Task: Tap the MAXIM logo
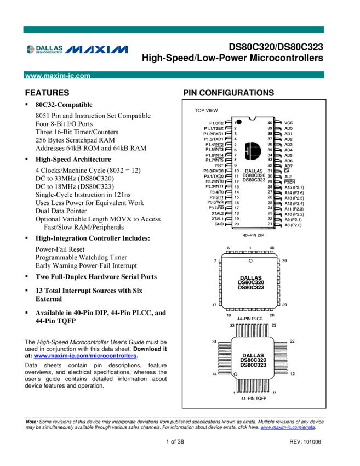click(97, 49)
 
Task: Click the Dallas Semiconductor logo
click(45, 49)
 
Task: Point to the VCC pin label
click(289, 123)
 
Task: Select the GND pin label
click(219, 224)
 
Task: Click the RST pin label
click(219, 166)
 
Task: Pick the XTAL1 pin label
click(217, 219)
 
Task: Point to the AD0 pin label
click(288, 128)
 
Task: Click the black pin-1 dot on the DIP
click(239, 121)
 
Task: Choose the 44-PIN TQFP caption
click(250, 399)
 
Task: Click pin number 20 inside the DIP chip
click(236, 224)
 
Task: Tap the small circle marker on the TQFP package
click(236, 375)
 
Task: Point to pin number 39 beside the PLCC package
click(285, 262)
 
